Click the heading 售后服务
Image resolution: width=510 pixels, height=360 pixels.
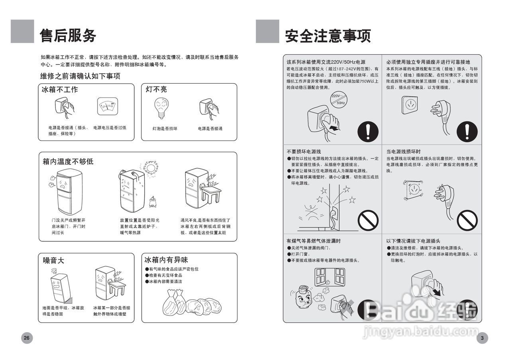tap(68, 36)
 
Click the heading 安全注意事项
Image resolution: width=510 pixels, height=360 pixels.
tap(328, 36)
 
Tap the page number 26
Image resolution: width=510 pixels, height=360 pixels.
tap(27, 338)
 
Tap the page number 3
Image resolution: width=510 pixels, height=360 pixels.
tap(482, 338)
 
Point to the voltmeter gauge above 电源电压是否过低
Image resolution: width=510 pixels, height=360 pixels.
tap(108, 106)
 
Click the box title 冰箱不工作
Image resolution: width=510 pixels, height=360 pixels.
tap(60, 90)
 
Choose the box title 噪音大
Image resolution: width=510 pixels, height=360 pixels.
tap(53, 261)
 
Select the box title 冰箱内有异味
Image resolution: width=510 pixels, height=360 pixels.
tap(166, 260)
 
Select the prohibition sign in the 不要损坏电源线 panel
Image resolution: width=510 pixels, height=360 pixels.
tap(367, 220)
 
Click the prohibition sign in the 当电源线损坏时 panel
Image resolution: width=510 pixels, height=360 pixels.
tap(467, 220)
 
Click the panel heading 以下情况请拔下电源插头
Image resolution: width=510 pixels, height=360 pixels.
tap(413, 241)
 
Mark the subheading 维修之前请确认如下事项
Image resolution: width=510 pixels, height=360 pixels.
tap(80, 76)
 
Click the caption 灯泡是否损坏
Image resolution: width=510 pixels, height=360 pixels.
tap(165, 129)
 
